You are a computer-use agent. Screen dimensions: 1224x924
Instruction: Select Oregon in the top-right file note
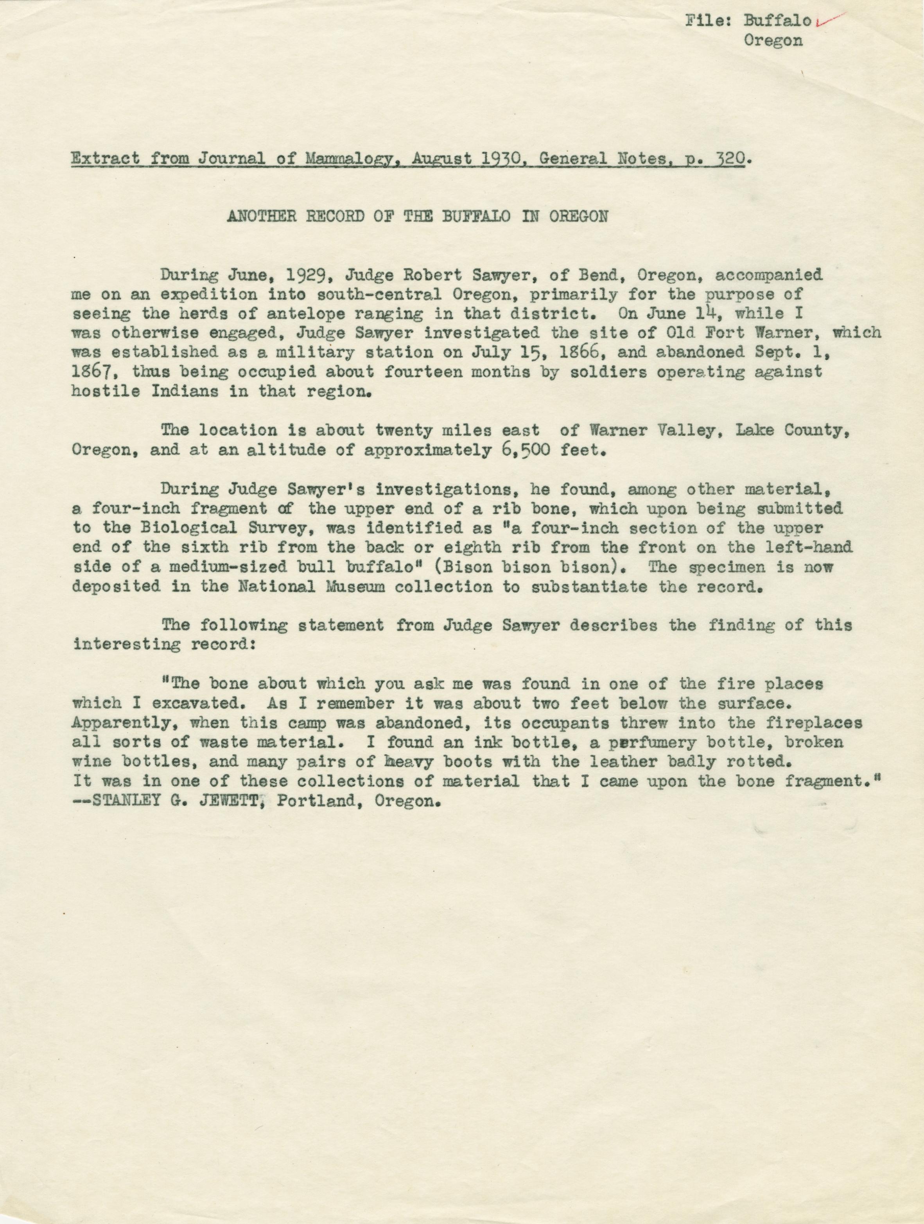tap(773, 41)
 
